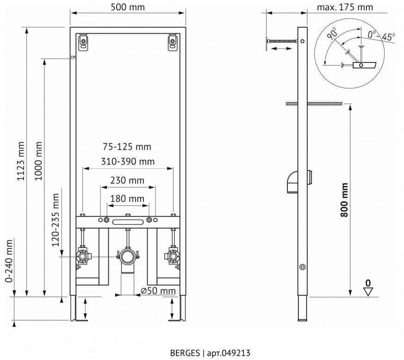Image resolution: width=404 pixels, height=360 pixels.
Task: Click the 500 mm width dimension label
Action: [128, 7]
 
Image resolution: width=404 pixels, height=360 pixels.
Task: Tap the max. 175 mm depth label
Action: [345, 7]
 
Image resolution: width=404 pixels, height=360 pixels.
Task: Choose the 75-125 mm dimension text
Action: [127, 147]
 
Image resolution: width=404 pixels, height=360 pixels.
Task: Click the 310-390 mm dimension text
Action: [128, 161]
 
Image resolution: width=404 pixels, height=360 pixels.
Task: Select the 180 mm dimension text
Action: [127, 199]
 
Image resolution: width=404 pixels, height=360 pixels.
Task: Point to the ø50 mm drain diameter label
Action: [158, 291]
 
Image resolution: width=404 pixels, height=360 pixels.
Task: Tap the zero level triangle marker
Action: [368, 291]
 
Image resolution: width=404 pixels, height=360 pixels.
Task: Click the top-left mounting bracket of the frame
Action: [83, 43]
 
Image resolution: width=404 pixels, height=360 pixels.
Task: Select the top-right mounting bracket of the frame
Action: [172, 43]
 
